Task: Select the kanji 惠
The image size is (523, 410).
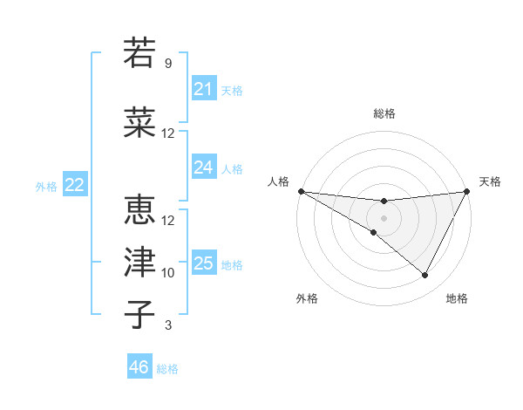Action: (140, 210)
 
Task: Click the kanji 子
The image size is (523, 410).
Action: (140, 314)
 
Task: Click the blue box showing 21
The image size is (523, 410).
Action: (203, 89)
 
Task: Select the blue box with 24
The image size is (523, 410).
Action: (203, 167)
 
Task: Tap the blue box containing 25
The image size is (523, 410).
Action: (203, 263)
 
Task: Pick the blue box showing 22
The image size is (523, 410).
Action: (75, 185)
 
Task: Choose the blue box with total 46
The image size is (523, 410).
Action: (139, 367)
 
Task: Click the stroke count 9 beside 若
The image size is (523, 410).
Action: (168, 64)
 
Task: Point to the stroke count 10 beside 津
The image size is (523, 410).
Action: (168, 273)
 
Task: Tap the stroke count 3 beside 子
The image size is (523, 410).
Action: (168, 325)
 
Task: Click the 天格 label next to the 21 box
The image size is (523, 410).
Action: (232, 90)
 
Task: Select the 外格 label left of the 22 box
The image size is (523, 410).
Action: (46, 186)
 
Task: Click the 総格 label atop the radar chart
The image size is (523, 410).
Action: (384, 113)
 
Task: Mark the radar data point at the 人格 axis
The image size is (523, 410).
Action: (301, 190)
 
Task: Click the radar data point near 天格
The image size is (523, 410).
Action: (466, 191)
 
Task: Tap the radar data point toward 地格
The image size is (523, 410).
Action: (425, 276)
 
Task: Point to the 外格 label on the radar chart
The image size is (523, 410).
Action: (307, 299)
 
